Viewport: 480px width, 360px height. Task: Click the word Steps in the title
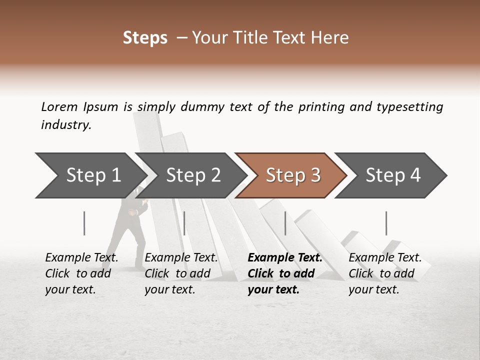[145, 38]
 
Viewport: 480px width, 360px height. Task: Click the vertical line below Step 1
[84, 223]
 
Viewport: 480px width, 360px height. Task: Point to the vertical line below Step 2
[184, 223]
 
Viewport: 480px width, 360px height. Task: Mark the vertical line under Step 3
[285, 223]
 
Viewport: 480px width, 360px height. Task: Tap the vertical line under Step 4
[386, 223]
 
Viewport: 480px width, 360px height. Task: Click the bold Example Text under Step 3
[285, 258]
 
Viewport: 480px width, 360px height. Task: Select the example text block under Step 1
[81, 273]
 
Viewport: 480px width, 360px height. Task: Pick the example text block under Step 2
[181, 273]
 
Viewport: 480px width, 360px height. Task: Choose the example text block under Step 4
[385, 273]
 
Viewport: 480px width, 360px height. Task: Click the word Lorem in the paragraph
[59, 107]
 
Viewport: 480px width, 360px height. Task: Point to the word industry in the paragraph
[66, 125]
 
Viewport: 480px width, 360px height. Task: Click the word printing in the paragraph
[319, 107]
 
